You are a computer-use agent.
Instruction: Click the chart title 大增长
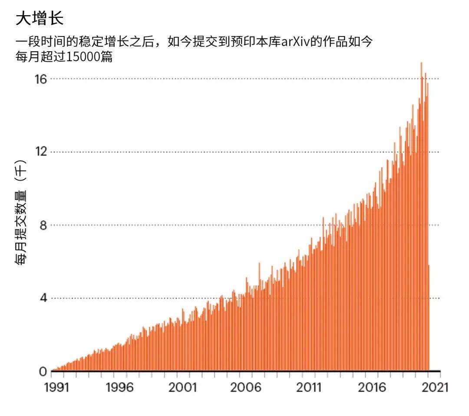tap(40, 19)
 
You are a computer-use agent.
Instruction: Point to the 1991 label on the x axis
tap(56, 387)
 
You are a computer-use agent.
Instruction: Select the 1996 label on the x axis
tap(119, 387)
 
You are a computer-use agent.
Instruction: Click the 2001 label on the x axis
tap(182, 387)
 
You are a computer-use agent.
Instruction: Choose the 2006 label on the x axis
tap(245, 387)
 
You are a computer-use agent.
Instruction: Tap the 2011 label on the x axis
tap(309, 387)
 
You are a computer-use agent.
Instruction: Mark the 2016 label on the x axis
tap(372, 387)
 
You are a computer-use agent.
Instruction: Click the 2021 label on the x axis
tap(434, 387)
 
